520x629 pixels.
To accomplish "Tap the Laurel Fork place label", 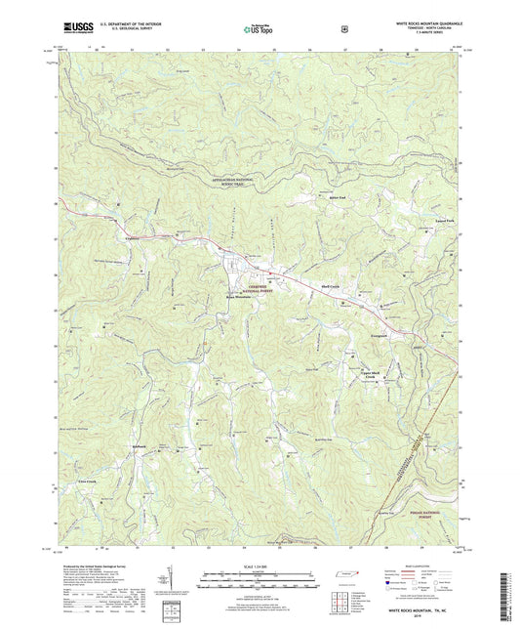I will [444, 223].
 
